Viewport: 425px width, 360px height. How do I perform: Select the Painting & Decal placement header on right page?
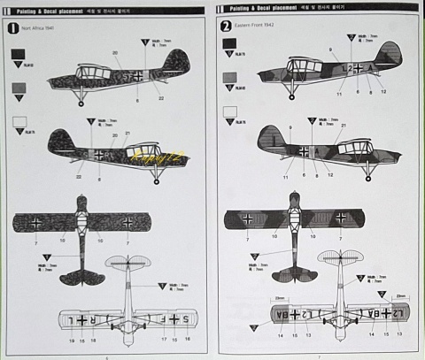[266, 8]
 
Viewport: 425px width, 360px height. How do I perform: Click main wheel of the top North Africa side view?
[81, 103]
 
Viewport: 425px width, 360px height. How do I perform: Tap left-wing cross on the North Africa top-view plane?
[35, 221]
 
